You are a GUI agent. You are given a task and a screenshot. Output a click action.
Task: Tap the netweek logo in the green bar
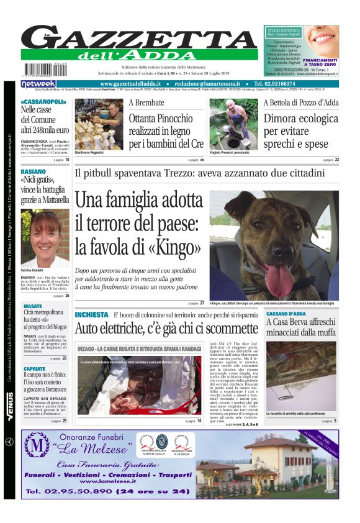point(38,84)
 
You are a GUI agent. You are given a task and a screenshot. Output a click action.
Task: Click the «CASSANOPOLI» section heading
point(43,101)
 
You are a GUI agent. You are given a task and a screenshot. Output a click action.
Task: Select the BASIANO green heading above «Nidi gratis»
point(33,171)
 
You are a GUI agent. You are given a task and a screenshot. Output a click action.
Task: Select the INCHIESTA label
point(92,315)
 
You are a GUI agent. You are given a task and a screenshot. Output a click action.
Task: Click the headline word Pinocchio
point(162,118)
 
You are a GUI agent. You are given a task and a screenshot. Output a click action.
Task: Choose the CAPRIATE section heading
point(34,369)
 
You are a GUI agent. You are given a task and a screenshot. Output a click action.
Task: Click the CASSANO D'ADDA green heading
point(286,314)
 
